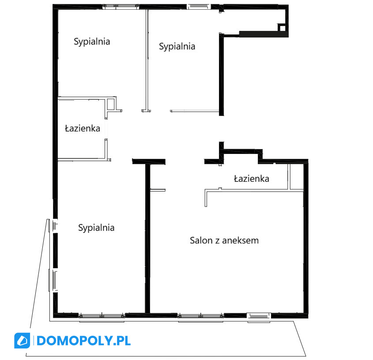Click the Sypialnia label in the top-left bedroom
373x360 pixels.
click(92, 41)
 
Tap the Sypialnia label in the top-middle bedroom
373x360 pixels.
click(177, 46)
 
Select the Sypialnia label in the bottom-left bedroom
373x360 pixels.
click(96, 228)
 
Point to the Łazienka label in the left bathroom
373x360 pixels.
click(83, 128)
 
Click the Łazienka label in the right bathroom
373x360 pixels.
click(252, 179)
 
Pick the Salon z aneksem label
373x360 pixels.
click(224, 240)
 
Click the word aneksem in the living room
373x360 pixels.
click(241, 240)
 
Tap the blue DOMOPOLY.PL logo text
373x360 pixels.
click(83, 341)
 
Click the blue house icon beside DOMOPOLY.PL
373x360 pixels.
click(22, 341)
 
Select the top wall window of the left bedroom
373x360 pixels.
click(121, 7)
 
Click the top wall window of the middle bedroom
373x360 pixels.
click(199, 7)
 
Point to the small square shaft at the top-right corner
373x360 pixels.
click(282, 28)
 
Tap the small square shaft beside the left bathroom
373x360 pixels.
click(111, 104)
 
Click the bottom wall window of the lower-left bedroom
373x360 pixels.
click(102, 316)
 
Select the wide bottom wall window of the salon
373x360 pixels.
click(200, 316)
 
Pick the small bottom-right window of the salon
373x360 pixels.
click(259, 316)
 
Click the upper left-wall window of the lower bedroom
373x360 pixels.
click(54, 226)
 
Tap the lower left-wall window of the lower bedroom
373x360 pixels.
click(53, 280)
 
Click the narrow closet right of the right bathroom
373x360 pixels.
click(296, 176)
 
